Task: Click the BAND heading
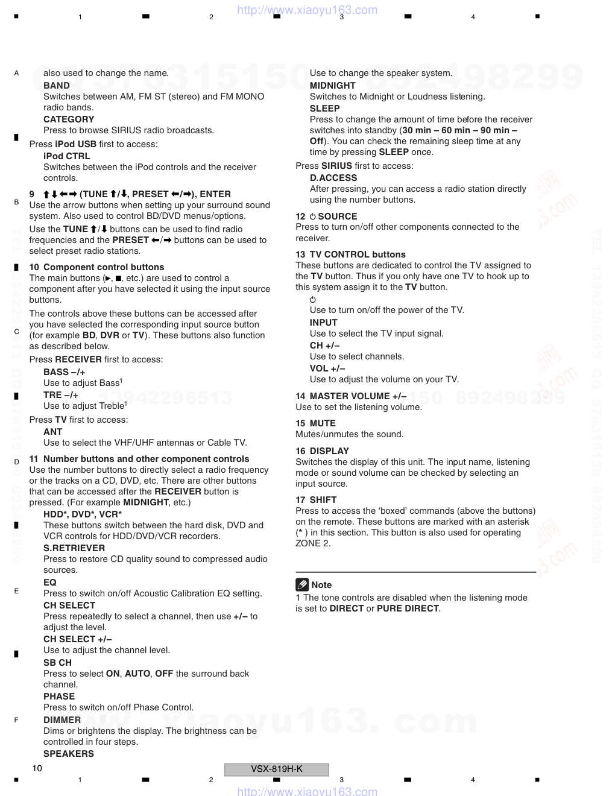pos(57,86)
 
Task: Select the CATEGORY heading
pos(69,119)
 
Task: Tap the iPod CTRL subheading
pos(66,156)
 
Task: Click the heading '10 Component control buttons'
pos(96,267)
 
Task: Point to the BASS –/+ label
pos(64,372)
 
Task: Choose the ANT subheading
pos(52,432)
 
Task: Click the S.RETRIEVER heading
pos(74,548)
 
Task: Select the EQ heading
pos(50,583)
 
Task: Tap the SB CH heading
pos(57,663)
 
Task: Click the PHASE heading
pos(59,696)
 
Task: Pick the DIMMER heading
pos(62,720)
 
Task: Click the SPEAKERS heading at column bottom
pos(69,754)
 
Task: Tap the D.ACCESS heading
pos(333,178)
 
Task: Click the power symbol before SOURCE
pos(312,216)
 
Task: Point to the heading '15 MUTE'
pos(315,423)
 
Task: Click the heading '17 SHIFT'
pos(316,500)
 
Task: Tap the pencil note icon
pos(302,584)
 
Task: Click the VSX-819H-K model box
pos(277,769)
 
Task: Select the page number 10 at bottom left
pos(37,768)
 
